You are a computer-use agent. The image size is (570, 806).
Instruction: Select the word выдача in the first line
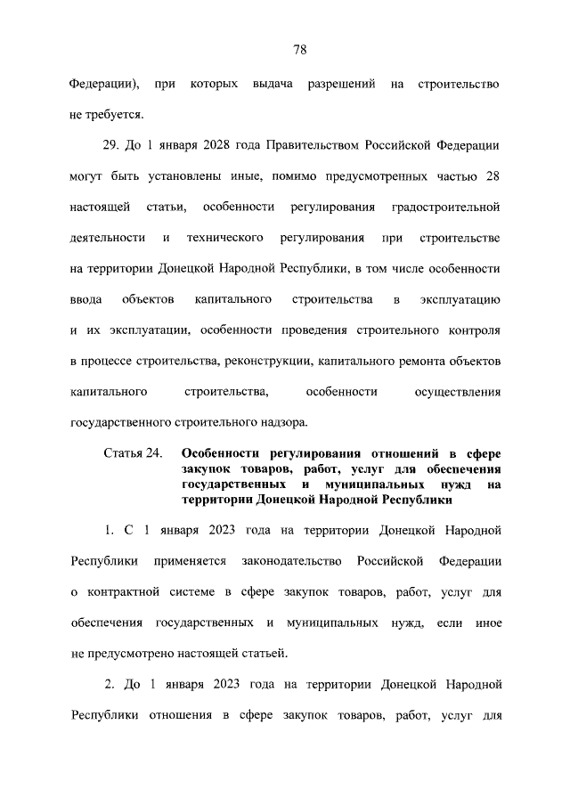273,84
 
